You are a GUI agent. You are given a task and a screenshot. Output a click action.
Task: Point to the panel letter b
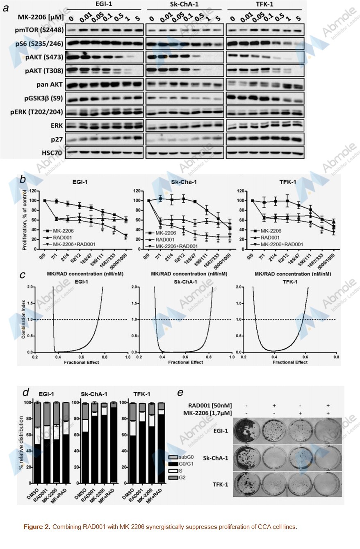click(24, 180)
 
